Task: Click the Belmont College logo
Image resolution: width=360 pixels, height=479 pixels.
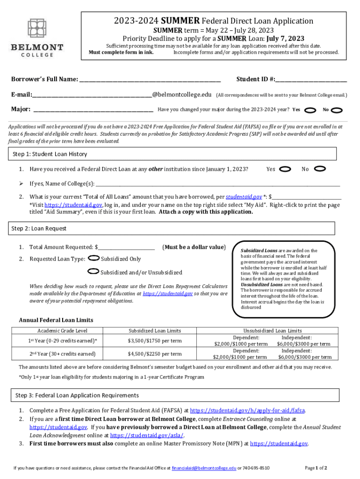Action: [x=37, y=37]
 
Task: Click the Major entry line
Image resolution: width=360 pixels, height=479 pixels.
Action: [x=94, y=111]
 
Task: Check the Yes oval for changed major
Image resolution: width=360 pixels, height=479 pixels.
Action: [x=310, y=110]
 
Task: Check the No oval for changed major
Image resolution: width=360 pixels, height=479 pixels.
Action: [x=337, y=110]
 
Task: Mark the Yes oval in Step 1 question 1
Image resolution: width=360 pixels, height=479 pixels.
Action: [x=285, y=169]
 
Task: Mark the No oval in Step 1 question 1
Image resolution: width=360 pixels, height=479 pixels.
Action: [x=320, y=169]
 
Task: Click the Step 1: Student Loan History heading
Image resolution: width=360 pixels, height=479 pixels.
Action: [x=50, y=154]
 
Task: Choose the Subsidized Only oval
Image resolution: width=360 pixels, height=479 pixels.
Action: [x=94, y=258]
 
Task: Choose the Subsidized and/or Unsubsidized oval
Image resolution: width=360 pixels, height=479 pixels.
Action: [x=94, y=272]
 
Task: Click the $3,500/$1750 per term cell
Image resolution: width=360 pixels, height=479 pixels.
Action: [x=155, y=341]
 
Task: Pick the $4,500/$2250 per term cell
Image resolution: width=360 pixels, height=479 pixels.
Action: [x=155, y=354]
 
